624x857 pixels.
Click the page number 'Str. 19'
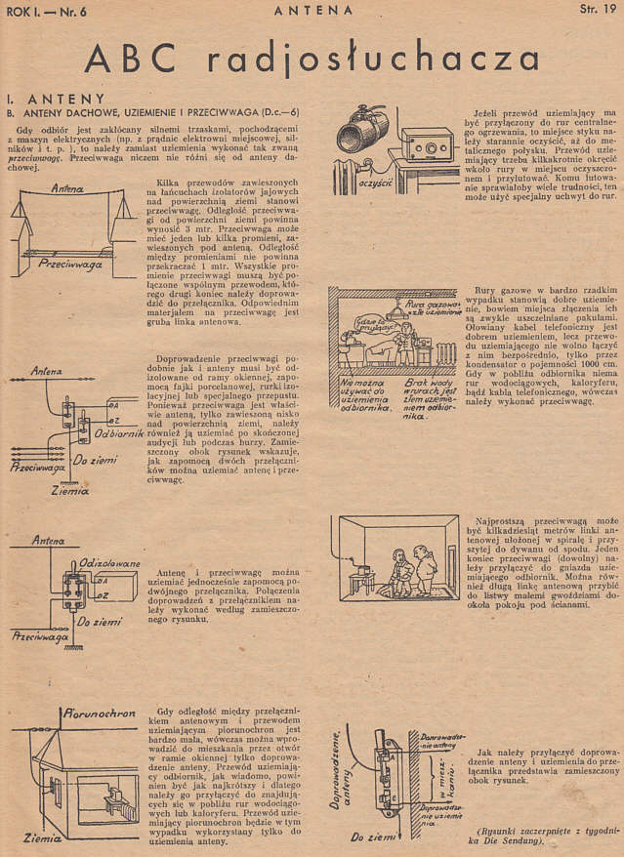(595, 11)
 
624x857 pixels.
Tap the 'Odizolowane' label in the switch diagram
(113, 563)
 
